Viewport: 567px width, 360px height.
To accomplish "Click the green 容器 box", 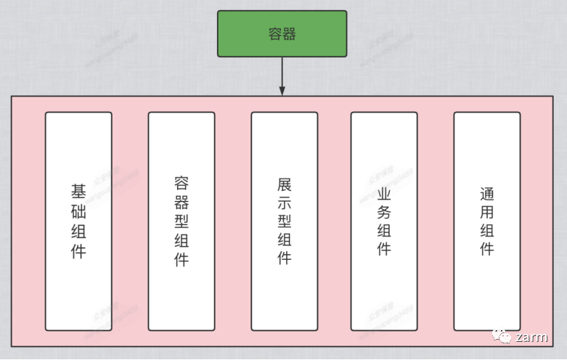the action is click(282, 33).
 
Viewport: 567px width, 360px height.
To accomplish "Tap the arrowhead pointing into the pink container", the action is click(282, 90).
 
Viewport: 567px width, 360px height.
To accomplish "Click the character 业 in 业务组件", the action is click(384, 195).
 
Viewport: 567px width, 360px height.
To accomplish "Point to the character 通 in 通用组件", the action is click(487, 195).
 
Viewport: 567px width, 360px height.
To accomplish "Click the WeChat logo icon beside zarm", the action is click(502, 336).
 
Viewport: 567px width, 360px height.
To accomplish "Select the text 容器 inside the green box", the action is click(282, 34).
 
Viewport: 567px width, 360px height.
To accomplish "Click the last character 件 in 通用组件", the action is click(487, 250).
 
